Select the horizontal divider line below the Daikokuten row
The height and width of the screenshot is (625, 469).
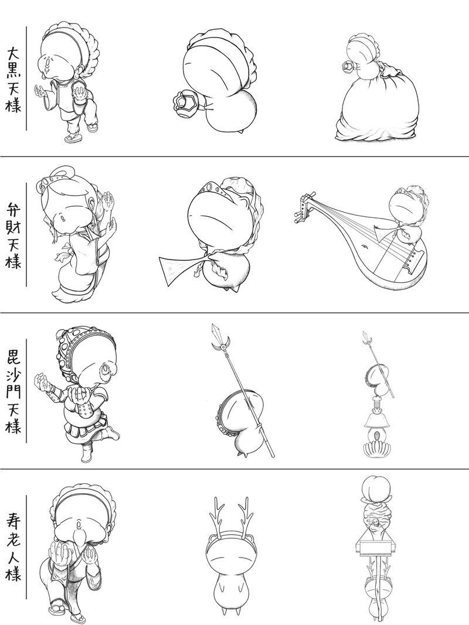click(x=235, y=156)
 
